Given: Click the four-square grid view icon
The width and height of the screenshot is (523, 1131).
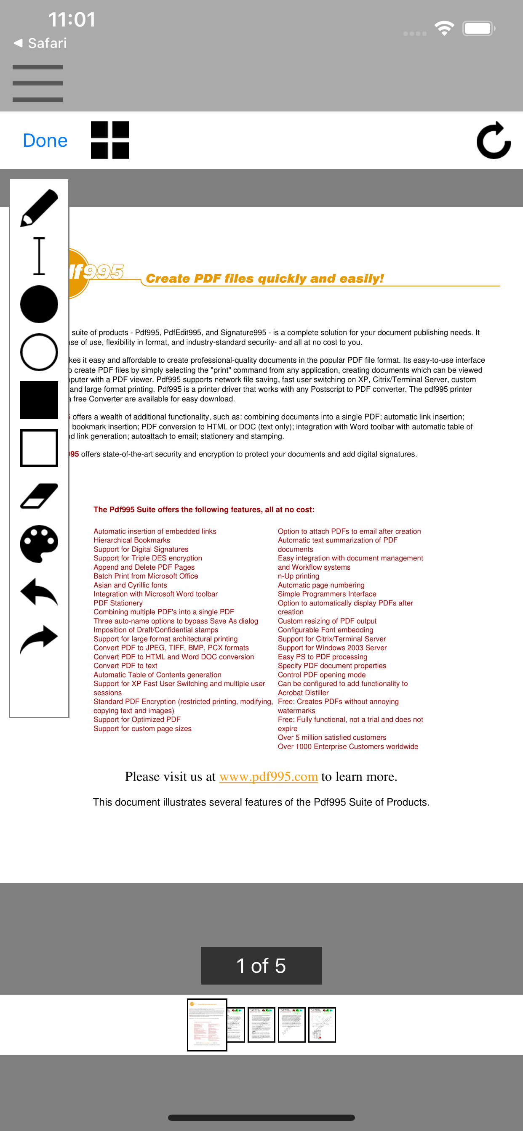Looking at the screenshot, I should tap(110, 140).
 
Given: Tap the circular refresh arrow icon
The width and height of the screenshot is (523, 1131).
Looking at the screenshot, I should tap(494, 141).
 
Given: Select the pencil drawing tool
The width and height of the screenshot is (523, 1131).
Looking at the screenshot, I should tap(39, 208).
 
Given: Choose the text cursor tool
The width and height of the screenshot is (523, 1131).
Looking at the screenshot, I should tap(39, 256).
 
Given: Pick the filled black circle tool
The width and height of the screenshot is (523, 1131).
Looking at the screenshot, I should tap(39, 304).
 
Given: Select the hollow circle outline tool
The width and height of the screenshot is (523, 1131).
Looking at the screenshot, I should tap(39, 352).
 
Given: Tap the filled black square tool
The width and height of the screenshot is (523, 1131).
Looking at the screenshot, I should tap(39, 400).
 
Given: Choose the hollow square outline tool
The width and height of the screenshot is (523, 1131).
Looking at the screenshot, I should tap(39, 448).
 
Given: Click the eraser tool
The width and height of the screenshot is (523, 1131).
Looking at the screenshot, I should tap(39, 496).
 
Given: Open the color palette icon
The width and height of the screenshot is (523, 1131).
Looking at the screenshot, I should tap(39, 544).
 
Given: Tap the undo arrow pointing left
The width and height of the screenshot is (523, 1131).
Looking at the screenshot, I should tap(39, 592).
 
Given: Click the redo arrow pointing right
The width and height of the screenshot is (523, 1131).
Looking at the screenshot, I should tap(39, 639).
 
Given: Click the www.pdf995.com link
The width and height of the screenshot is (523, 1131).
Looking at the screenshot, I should tap(269, 777).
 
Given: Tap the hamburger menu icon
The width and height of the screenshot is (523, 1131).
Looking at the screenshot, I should tap(38, 83).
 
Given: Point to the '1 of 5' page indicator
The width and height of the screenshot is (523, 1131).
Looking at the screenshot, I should tap(261, 966).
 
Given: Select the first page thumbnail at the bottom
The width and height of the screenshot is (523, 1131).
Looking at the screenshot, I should tap(207, 1024).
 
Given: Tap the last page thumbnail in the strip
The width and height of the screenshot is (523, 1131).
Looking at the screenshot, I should tap(322, 1024).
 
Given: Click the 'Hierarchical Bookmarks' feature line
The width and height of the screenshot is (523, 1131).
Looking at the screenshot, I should tap(131, 540).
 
